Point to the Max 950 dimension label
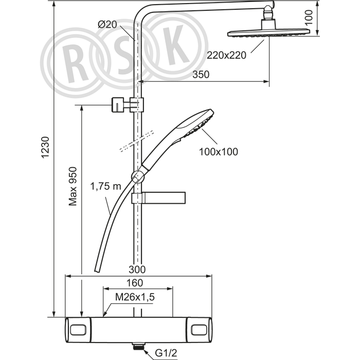pyautogui.click(x=73, y=185)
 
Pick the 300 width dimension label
pyautogui.click(x=138, y=269)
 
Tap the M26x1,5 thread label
pyautogui.click(x=135, y=297)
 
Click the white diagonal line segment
pyautogui.click(x=137, y=140)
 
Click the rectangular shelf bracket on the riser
pyautogui.click(x=160, y=198)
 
